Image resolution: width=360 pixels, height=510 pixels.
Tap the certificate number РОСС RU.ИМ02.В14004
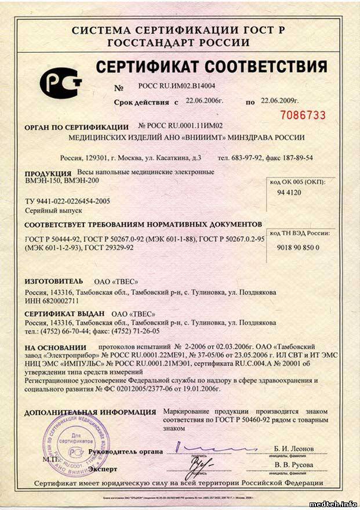[173, 85]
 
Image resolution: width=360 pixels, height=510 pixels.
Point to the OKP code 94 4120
[289, 192]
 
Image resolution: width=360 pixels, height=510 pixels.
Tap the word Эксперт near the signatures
[102, 468]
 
